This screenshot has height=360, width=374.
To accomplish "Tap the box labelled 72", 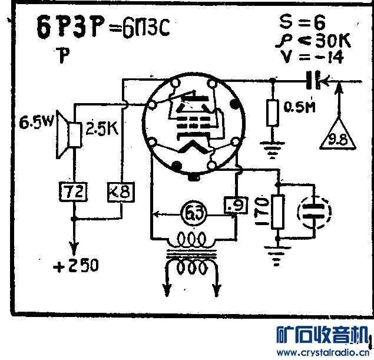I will click(73, 192).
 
